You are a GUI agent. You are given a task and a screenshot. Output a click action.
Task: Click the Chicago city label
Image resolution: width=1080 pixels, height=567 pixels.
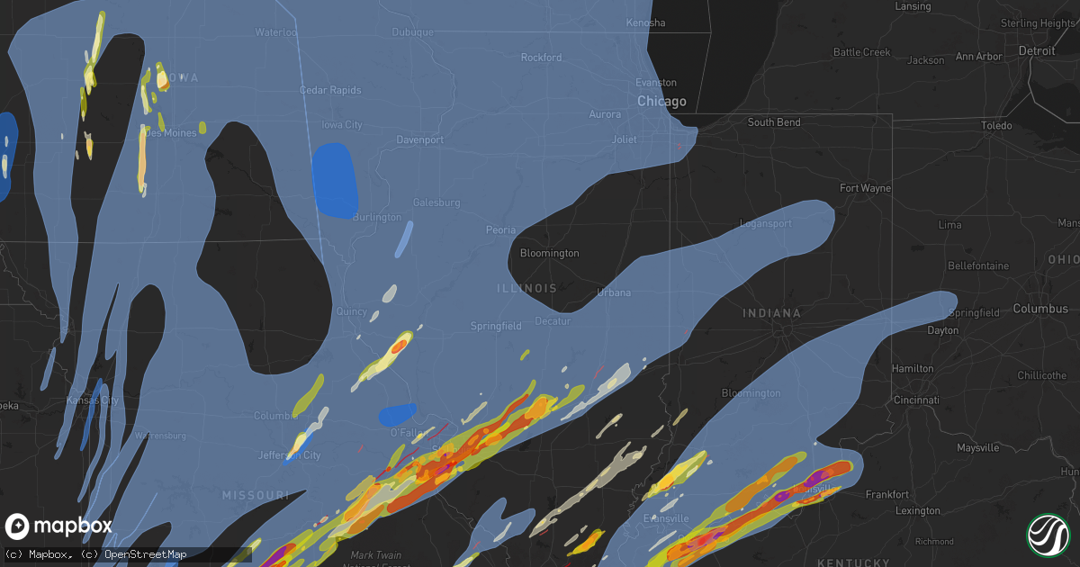pyautogui.click(x=661, y=102)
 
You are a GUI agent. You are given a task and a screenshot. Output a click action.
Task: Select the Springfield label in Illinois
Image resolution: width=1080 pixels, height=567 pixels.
pyautogui.click(x=496, y=326)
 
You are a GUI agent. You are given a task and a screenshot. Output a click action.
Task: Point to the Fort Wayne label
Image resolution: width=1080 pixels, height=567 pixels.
pyautogui.click(x=864, y=188)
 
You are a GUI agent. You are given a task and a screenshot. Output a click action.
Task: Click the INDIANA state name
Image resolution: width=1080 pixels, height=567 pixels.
pyautogui.click(x=771, y=313)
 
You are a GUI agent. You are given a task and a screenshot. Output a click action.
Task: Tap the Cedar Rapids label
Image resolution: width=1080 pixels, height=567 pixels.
pyautogui.click(x=330, y=90)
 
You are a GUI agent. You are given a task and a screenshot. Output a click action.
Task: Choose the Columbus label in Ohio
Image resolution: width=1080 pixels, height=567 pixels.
pyautogui.click(x=1040, y=309)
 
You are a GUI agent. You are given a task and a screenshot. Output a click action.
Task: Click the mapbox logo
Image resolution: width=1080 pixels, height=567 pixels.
pyautogui.click(x=58, y=526)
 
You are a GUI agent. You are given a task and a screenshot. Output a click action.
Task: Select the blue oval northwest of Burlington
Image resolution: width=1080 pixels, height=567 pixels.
pyautogui.click(x=335, y=181)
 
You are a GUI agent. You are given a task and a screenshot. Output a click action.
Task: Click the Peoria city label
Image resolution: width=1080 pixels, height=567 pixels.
pyautogui.click(x=500, y=230)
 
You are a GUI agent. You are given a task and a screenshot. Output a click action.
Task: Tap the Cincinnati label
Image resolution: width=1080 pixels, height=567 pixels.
pyautogui.click(x=915, y=400)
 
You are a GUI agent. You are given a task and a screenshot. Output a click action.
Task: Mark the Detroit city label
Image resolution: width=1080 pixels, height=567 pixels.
pyautogui.click(x=1036, y=51)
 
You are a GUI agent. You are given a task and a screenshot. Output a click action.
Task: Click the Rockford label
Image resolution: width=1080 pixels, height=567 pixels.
pyautogui.click(x=541, y=58)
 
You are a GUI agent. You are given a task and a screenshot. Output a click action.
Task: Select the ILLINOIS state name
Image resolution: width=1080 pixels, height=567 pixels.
pyautogui.click(x=526, y=289)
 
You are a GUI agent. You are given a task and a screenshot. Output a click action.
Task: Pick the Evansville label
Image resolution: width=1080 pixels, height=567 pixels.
pyautogui.click(x=667, y=518)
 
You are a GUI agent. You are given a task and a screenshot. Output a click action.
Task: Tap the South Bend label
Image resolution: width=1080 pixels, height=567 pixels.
pyautogui.click(x=773, y=122)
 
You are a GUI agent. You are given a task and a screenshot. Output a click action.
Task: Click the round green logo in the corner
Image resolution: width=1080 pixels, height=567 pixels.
pyautogui.click(x=1047, y=534)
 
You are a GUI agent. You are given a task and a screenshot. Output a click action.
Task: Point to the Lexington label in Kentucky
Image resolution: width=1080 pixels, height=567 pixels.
pyautogui.click(x=918, y=510)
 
